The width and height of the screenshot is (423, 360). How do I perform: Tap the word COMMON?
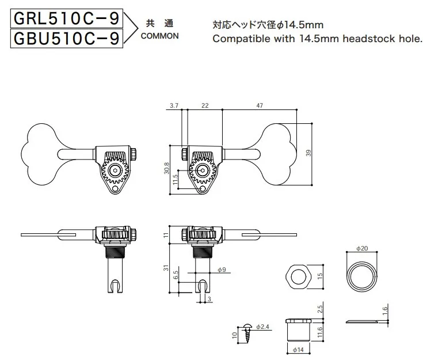tap(159, 36)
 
